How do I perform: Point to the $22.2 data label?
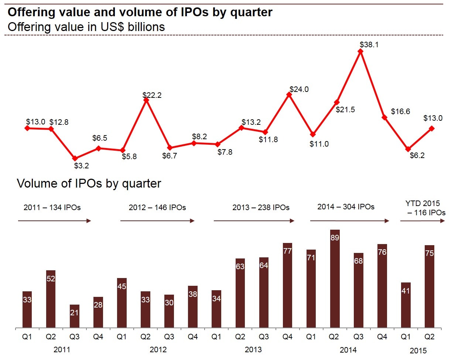coord(152,95)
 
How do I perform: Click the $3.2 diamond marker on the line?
coord(75,158)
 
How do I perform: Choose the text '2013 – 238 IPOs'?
coord(261,208)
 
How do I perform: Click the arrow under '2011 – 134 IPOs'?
coord(54,221)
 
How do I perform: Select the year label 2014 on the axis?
coord(348,350)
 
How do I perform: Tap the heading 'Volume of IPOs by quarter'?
coord(89,184)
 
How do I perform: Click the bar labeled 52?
coord(51,299)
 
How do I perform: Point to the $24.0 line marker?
coord(289,95)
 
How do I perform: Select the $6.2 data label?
coord(417,155)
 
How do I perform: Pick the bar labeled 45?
coord(122,303)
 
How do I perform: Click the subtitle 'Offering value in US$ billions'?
coord(86,27)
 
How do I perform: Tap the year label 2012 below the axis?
coord(158,350)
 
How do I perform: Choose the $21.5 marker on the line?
coord(337,102)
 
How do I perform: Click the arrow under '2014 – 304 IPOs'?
coord(349,221)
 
